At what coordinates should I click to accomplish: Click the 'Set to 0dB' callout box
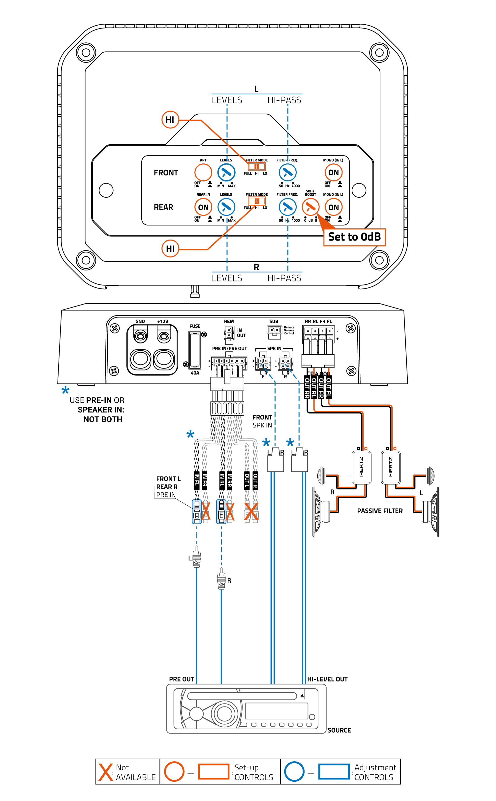(354, 237)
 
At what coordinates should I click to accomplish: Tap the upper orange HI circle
(170, 120)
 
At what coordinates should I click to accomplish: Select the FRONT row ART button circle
(203, 172)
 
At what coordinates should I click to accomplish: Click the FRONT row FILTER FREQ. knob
(287, 172)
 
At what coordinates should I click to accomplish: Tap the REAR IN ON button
(203, 207)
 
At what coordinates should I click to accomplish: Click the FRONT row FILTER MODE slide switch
(256, 167)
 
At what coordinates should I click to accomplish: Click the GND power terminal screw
(140, 336)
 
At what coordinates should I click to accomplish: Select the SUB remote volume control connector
(274, 332)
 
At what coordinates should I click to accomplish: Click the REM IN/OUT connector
(229, 333)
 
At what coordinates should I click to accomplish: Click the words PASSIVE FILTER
(379, 511)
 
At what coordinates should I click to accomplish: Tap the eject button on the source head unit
(302, 695)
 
